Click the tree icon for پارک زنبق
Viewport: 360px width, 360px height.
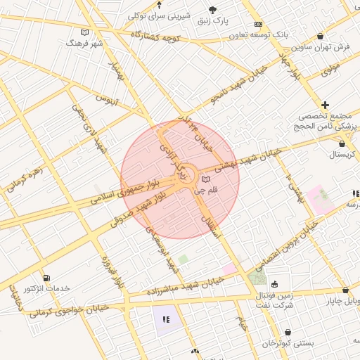pos(213,10)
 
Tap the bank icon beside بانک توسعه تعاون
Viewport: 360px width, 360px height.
pos(258,24)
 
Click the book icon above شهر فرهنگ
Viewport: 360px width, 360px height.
pos(85,32)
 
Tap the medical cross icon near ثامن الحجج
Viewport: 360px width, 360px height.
pos(325,105)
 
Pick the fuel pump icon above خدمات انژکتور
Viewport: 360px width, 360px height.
pos(46,278)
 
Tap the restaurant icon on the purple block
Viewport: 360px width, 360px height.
pos(166,319)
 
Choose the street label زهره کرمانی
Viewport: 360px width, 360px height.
pos(25,179)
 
